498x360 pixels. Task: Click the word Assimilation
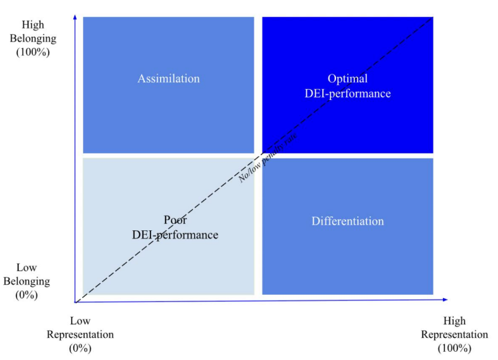click(168, 79)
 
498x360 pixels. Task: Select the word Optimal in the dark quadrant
click(347, 79)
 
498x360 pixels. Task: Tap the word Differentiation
click(347, 221)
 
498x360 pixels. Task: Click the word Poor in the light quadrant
click(175, 220)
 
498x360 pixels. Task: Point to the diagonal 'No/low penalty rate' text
click(267, 158)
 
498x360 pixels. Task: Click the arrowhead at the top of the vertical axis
click(75, 16)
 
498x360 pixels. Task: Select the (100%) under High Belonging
click(33, 53)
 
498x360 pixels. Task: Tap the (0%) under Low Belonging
click(27, 294)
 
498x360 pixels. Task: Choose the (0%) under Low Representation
click(80, 348)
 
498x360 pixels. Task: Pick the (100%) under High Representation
click(454, 348)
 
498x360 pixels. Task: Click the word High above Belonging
click(33, 25)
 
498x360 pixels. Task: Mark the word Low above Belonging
click(27, 268)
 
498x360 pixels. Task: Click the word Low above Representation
click(80, 321)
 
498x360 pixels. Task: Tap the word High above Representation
click(454, 321)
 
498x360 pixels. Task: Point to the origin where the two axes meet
click(75, 302)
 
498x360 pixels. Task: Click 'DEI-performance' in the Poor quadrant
click(175, 235)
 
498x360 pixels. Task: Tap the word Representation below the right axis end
click(454, 335)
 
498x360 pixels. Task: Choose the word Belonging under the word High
click(33, 39)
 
